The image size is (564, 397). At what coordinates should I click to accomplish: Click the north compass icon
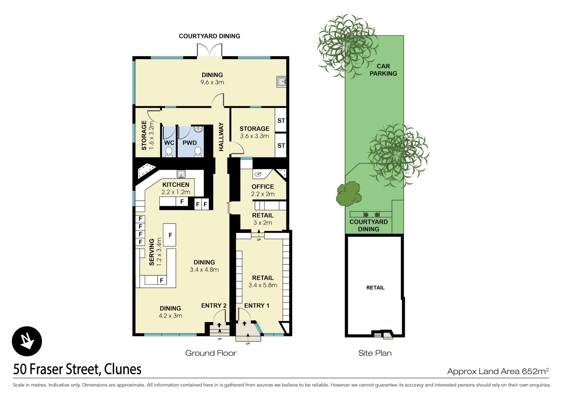click(27, 341)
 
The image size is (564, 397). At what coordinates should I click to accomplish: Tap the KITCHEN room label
click(176, 185)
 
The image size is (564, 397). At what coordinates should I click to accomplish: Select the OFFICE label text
click(263, 187)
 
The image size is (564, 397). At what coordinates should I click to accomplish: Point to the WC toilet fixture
click(169, 152)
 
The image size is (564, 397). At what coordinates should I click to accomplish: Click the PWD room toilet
click(198, 152)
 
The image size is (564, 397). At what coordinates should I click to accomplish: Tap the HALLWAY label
click(221, 137)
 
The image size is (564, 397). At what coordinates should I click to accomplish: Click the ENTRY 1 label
click(257, 306)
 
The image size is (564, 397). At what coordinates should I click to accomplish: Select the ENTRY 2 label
click(214, 306)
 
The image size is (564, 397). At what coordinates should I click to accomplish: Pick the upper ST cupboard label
click(281, 121)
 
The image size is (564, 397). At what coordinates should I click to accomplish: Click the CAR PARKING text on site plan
click(383, 70)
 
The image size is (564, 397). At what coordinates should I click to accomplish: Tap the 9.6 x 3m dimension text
click(212, 82)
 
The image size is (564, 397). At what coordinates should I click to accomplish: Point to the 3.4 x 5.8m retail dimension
click(263, 285)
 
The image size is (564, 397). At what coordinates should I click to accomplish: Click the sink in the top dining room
click(281, 82)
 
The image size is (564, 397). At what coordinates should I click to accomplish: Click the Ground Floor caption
click(211, 353)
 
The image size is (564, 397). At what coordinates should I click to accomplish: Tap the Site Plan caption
click(375, 353)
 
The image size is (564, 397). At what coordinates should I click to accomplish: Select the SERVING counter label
click(152, 252)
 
